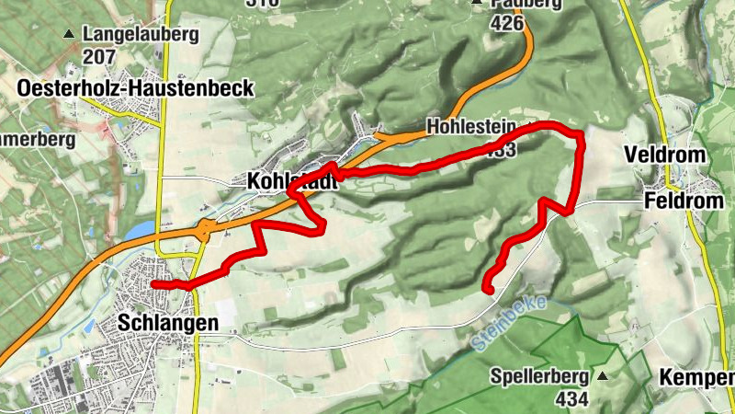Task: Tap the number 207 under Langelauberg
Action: [x=98, y=55]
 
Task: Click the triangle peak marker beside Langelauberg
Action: [x=69, y=35]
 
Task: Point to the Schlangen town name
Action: [x=168, y=323]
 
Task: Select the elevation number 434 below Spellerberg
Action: [x=571, y=397]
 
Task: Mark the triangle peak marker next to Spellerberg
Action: [x=603, y=376]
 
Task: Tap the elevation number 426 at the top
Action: [x=513, y=23]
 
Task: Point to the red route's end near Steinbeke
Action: [x=489, y=291]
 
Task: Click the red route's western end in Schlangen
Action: [x=153, y=284]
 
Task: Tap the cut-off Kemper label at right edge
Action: [x=697, y=377]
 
